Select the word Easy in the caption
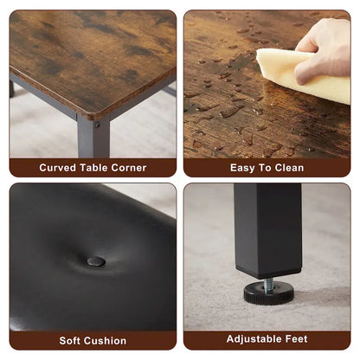tap(243, 167)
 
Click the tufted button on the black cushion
tap(96, 261)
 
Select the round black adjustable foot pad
tap(268, 293)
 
